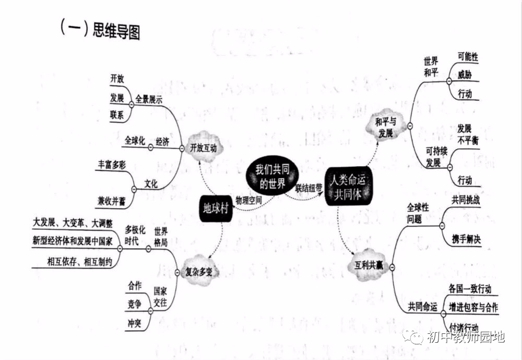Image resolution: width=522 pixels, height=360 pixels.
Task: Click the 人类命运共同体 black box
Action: [349, 187]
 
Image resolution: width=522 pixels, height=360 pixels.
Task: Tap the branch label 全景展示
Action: [149, 99]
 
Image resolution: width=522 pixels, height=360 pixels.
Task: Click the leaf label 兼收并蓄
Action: [112, 200]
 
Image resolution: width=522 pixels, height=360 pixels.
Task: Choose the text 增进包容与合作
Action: [473, 308]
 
